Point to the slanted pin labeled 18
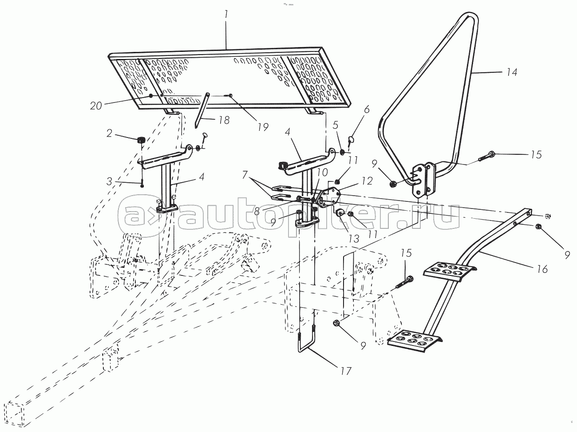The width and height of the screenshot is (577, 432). coord(202,110)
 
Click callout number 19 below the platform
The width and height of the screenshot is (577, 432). coord(263,127)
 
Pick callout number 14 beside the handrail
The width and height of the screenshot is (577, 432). coord(511,72)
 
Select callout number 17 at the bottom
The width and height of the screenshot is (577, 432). coord(346,371)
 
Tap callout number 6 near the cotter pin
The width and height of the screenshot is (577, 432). coord(367,109)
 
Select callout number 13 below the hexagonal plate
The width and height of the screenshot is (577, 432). coord(354,239)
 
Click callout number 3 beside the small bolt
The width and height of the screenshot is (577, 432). coord(109,181)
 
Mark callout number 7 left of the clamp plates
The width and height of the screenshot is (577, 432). coord(245,174)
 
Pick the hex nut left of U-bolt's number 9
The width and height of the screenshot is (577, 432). coord(336,323)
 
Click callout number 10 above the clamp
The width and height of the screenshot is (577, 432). coord(322,173)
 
